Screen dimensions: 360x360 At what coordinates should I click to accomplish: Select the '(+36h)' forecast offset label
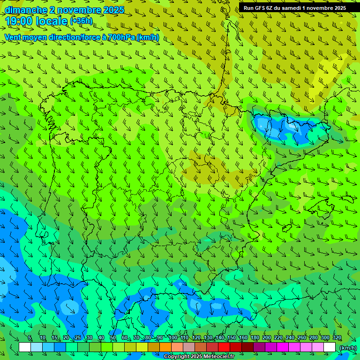pyautogui.click(x=81, y=21)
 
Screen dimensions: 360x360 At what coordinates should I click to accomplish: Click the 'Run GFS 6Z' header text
pyautogui.click(x=259, y=7)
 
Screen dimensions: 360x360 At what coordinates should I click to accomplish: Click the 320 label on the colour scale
pyautogui.click(x=337, y=337)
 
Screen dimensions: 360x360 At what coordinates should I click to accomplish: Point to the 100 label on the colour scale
pyautogui.click(x=172, y=337)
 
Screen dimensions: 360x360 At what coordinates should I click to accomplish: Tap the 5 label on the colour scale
pyautogui.click(x=30, y=337)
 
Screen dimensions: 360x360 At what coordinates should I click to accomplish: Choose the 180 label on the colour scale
pyautogui.click(x=255, y=337)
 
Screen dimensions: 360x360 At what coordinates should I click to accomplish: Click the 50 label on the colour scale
pyautogui.click(x=113, y=337)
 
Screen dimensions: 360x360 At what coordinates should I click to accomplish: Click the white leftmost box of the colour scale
pyautogui.click(x=25, y=347)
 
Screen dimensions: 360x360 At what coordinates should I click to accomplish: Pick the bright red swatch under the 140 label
pyautogui.click(x=224, y=347)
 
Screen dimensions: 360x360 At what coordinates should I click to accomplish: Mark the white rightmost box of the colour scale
pyautogui.click(x=330, y=347)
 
